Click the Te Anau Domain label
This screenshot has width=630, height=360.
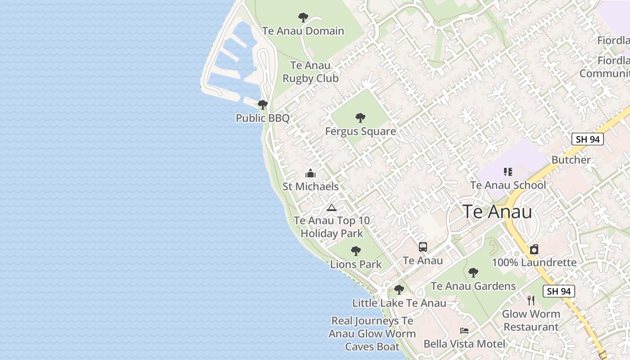tap(303, 31)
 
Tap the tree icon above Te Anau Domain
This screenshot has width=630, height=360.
tap(303, 18)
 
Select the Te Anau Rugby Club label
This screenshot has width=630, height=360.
tap(310, 72)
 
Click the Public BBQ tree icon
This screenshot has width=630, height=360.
tap(263, 105)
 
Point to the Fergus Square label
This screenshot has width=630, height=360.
tap(360, 131)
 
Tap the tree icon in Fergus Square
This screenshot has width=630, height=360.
tap(360, 118)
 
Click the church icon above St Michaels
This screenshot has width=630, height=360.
tap(310, 173)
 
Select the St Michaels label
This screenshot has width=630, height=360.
tap(310, 186)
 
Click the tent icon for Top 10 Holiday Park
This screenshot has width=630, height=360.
tap(332, 207)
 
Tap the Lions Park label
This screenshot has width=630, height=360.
tap(356, 264)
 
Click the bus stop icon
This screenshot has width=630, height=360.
tap(423, 247)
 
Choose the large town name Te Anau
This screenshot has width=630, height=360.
tap(498, 211)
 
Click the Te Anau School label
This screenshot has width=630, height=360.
tap(508, 185)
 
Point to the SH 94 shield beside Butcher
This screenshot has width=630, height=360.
tap(588, 139)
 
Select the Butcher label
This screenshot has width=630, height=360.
tap(571, 160)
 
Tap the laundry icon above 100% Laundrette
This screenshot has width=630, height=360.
tap(534, 249)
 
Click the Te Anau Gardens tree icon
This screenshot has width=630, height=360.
tap(473, 272)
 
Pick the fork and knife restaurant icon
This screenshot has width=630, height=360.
tap(531, 300)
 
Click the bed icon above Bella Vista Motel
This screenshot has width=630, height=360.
tap(464, 331)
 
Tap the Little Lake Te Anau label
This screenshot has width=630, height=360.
tap(399, 303)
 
